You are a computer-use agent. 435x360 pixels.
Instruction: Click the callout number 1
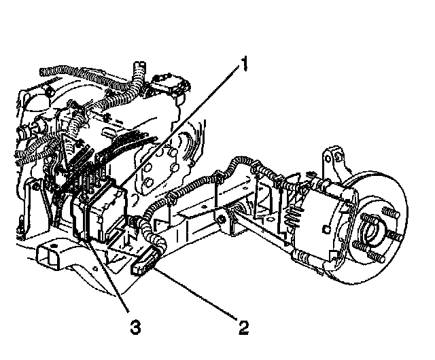(241, 66)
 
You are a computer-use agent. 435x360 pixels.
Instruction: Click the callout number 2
(243, 327)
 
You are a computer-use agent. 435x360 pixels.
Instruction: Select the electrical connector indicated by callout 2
(144, 262)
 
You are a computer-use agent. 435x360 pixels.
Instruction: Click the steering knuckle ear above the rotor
(334, 158)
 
